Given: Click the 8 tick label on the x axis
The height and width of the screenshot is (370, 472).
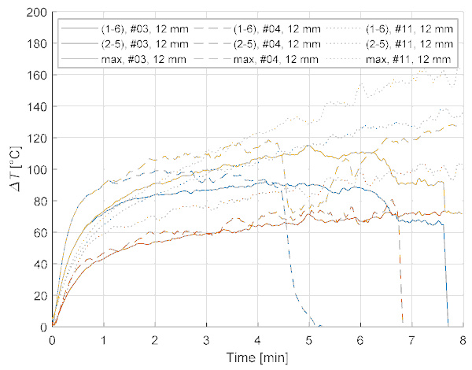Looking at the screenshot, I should [x=462, y=339].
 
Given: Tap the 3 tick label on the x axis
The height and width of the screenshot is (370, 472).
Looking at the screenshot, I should [x=206, y=339].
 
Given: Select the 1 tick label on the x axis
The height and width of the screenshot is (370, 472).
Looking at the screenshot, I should [x=103, y=339].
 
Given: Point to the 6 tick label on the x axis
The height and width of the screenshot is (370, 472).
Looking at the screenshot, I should [x=360, y=339].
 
